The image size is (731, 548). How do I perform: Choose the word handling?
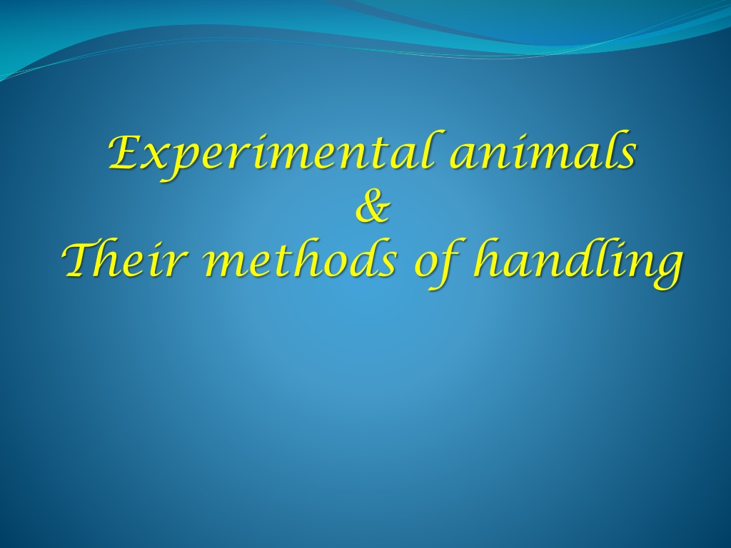[577, 262]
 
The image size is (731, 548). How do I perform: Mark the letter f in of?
[446, 262]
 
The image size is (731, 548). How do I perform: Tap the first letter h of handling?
[487, 258]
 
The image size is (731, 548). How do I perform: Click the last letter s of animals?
[624, 158]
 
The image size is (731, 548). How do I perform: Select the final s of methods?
[390, 265]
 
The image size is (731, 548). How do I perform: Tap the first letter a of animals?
[464, 158]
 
